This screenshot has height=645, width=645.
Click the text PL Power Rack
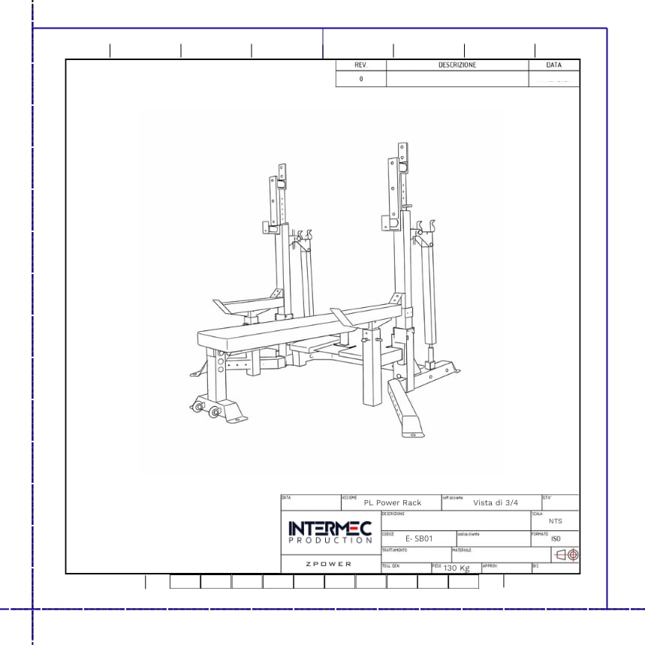tap(393, 503)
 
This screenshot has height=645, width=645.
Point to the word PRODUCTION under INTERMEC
tap(330, 541)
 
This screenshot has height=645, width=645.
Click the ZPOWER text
tap(329, 564)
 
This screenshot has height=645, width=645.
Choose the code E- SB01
tap(419, 539)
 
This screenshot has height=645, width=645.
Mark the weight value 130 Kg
tap(457, 568)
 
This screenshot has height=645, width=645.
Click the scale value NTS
tap(555, 521)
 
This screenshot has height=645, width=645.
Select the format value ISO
tap(556, 539)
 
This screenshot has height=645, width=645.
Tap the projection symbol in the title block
tap(565, 556)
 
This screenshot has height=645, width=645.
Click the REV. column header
tap(361, 65)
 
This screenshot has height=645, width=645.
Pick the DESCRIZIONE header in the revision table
tap(457, 65)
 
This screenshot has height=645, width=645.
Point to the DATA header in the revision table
tap(554, 65)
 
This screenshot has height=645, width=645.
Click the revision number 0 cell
tap(361, 79)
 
